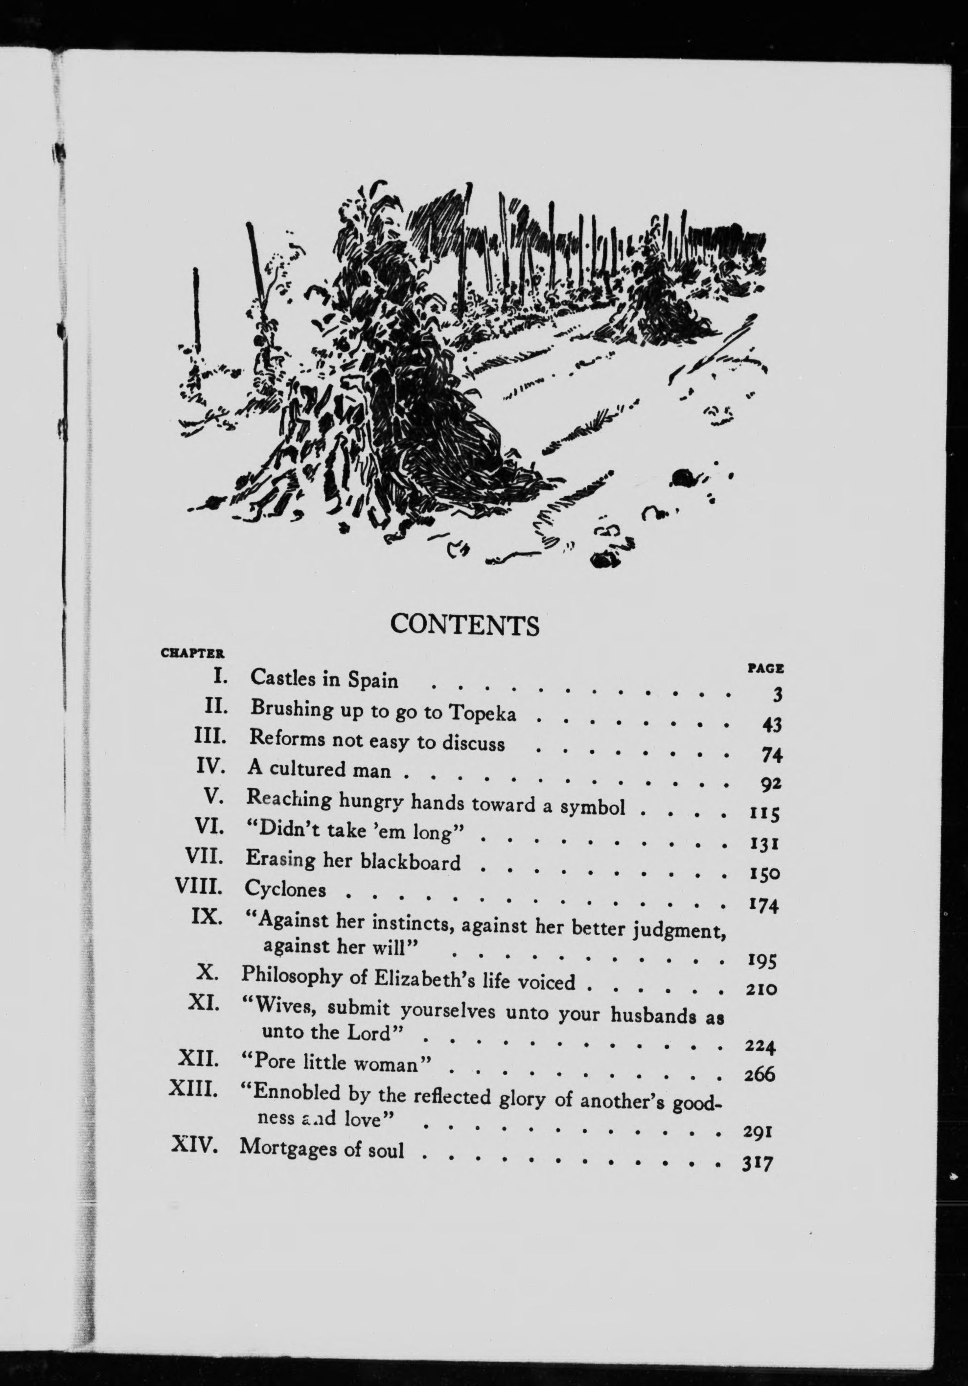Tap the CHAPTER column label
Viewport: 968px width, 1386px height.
[x=192, y=653]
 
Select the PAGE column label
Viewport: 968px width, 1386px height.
[x=765, y=668]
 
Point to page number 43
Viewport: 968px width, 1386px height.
[x=771, y=724]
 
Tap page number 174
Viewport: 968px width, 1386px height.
[x=763, y=905]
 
